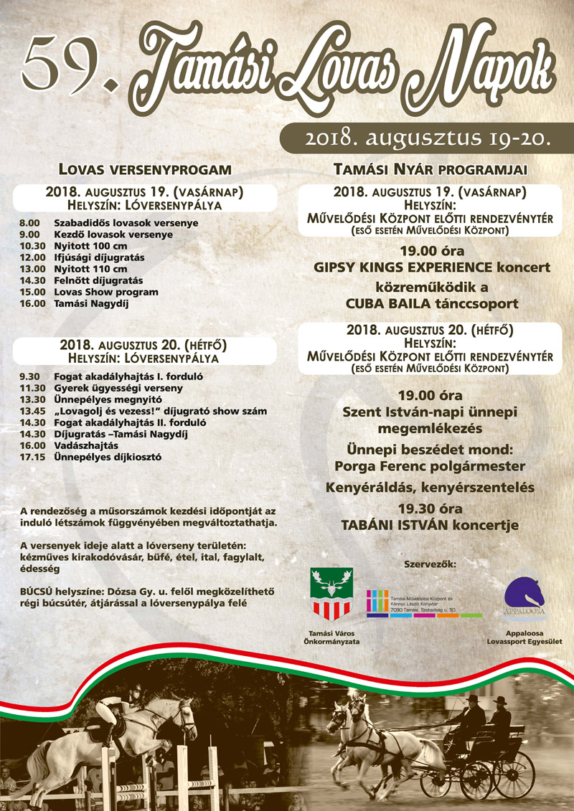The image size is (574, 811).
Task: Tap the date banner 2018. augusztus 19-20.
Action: coord(427,137)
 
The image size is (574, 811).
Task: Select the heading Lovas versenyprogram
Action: coord(146,170)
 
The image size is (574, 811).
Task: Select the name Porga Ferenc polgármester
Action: coord(430,466)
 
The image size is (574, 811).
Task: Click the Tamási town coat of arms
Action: coord(331,593)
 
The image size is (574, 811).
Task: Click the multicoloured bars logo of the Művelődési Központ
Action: coord(376,603)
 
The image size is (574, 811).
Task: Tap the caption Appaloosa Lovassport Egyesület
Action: coord(525,638)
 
